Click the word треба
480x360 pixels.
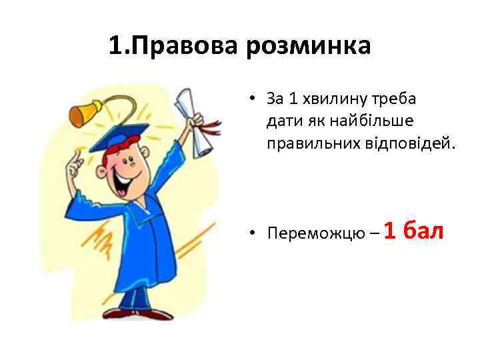pyautogui.click(x=394, y=99)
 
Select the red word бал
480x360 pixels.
pyautogui.click(x=424, y=230)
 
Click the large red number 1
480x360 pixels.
pyautogui.click(x=391, y=230)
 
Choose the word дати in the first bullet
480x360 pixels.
pyautogui.click(x=279, y=121)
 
